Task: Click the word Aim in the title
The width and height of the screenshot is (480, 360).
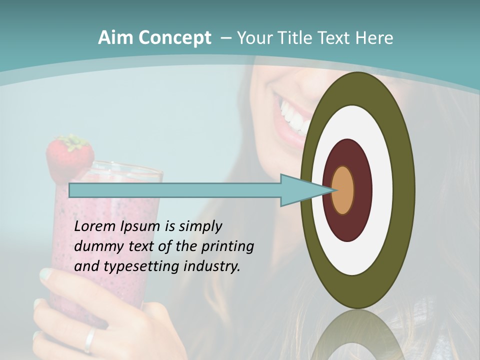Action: tap(115, 38)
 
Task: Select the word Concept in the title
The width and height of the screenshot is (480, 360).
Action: tap(174, 38)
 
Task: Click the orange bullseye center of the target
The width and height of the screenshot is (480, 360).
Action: tap(342, 190)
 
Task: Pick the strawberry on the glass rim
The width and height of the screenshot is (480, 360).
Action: tap(70, 153)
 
